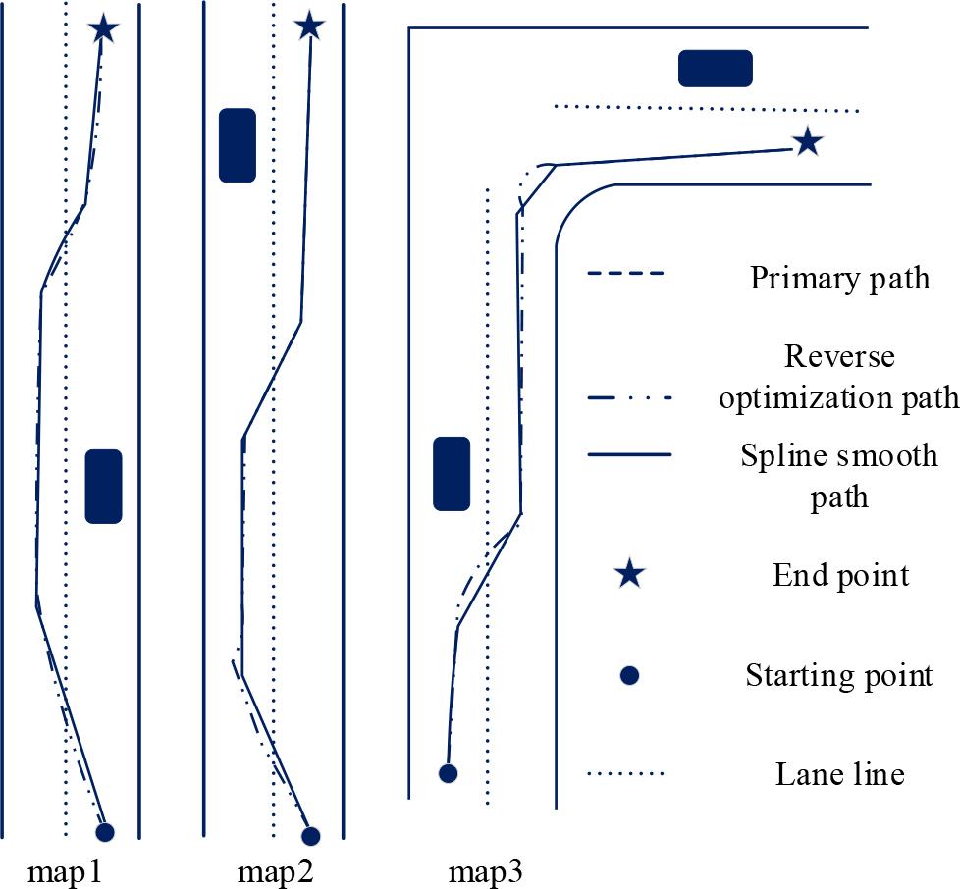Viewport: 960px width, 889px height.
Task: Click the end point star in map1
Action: coord(104,29)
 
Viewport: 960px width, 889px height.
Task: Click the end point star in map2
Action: coord(309,26)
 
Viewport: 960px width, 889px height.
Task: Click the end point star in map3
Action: coord(807,143)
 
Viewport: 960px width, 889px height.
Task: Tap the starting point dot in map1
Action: coord(105,832)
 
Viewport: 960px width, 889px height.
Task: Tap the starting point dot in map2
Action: coord(311,836)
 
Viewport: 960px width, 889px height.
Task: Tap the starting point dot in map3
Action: coord(448,773)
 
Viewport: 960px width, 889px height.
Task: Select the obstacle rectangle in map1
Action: coord(103,486)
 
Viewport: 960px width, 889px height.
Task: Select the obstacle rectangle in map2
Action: coord(237,145)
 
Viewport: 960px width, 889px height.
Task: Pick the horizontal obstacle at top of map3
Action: coord(716,69)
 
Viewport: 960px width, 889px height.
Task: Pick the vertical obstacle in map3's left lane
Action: coord(452,474)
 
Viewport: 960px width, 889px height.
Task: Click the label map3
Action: coord(486,871)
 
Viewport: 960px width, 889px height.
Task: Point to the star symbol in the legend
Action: coord(629,575)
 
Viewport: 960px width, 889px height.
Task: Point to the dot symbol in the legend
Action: coord(630,675)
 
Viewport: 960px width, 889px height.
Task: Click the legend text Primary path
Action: coord(839,279)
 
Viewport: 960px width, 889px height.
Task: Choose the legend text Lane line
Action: coord(838,774)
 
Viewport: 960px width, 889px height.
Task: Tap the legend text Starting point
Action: coord(838,675)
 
